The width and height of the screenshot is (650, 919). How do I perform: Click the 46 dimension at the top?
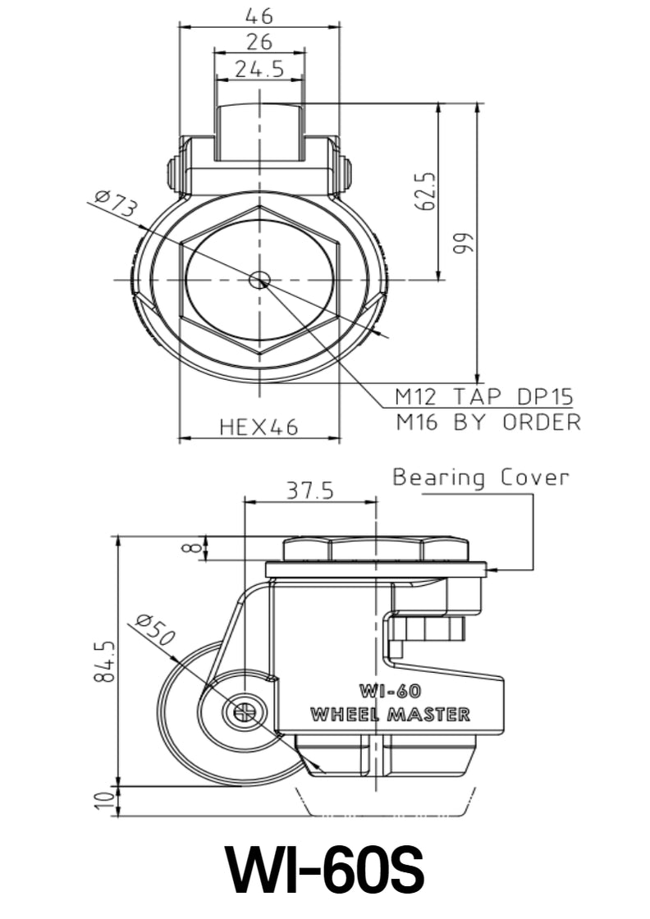(259, 15)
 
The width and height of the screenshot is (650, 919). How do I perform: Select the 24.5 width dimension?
(259, 70)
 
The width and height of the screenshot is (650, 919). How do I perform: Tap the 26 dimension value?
(259, 42)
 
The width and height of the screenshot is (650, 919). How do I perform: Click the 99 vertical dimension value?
(465, 242)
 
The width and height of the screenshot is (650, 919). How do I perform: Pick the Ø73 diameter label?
(115, 204)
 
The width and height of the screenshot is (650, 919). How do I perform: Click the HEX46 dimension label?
(259, 427)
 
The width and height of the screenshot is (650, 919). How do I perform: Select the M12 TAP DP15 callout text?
(484, 397)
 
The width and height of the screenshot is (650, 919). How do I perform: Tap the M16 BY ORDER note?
(488, 423)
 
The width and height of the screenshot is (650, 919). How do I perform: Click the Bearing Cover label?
(480, 478)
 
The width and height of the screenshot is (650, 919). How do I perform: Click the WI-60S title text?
(325, 871)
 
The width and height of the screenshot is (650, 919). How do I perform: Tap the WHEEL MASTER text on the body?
(390, 715)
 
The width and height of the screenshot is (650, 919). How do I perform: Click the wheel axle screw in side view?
(244, 712)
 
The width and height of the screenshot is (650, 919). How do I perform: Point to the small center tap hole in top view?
(259, 280)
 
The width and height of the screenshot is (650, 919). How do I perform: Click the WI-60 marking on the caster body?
(390, 691)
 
